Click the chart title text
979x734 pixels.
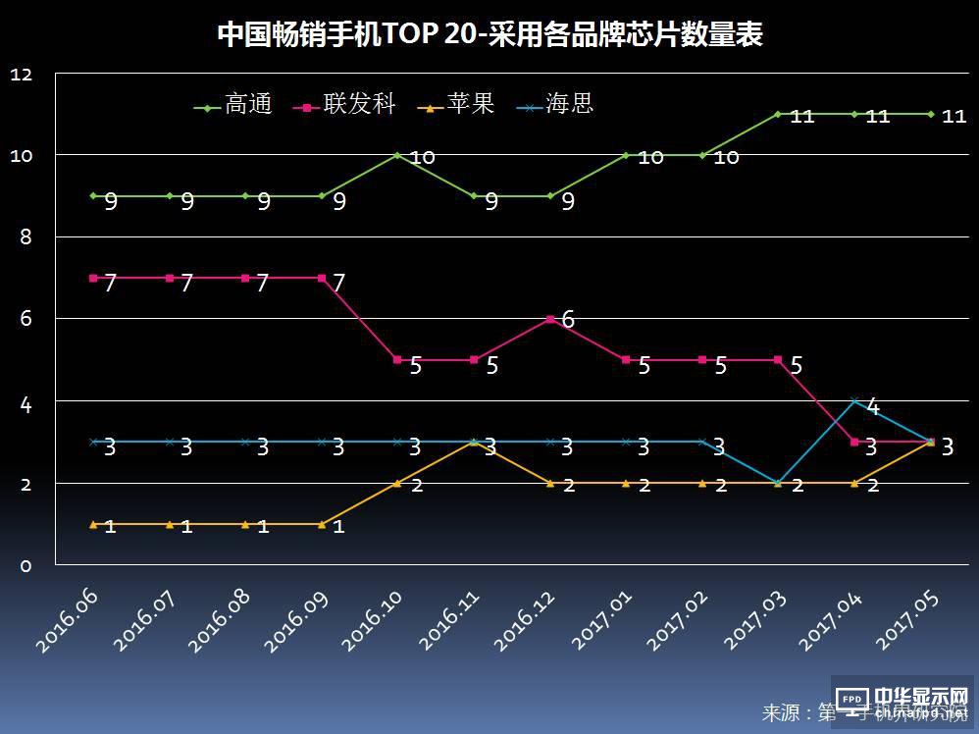(x=489, y=34)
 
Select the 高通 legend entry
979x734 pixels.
(x=234, y=105)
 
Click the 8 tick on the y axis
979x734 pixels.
(x=26, y=237)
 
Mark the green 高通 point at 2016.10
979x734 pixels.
(x=397, y=155)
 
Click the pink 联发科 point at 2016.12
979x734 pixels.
(x=550, y=319)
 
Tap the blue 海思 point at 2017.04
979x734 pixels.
(x=854, y=400)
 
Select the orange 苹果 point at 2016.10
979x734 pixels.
(x=397, y=483)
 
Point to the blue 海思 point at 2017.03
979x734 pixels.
(x=778, y=483)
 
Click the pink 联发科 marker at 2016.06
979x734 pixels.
(x=93, y=278)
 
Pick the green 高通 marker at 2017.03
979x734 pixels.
(x=778, y=114)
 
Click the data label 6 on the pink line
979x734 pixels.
(x=568, y=319)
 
